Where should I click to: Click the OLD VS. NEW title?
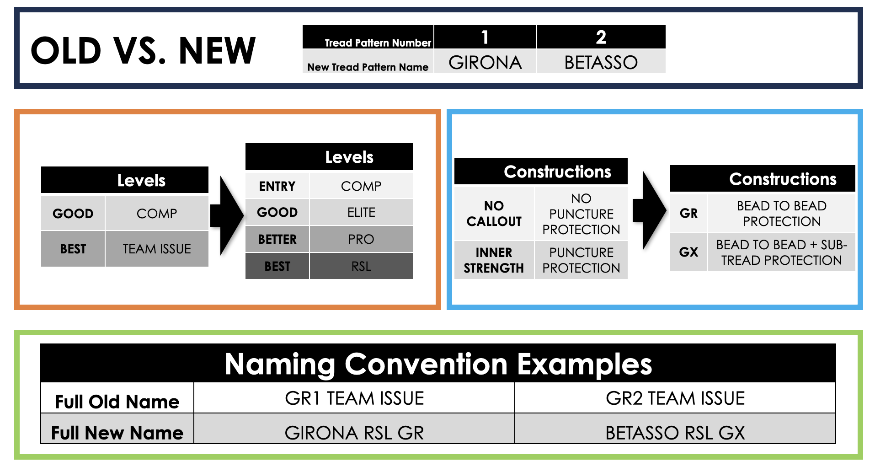point(143,50)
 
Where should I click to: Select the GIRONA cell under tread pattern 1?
point(485,62)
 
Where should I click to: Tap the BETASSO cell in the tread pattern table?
point(601,62)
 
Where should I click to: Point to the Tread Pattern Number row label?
point(378,43)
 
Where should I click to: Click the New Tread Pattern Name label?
point(368,67)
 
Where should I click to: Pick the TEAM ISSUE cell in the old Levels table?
point(157,249)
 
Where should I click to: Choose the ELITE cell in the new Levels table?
point(361,212)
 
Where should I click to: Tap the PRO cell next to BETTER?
point(361,239)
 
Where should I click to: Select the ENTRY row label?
point(277,186)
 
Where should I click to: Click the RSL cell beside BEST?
point(361,266)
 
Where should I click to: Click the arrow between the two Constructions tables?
point(650,210)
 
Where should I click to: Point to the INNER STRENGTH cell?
point(494,260)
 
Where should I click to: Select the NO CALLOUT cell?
point(494,213)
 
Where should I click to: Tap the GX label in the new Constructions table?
point(688,252)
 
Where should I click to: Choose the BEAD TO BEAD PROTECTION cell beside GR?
point(782,213)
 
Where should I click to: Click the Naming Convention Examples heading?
point(438,364)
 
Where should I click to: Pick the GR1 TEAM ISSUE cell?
point(354,398)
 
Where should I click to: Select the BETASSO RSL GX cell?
point(675,433)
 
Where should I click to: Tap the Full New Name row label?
point(117,433)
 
